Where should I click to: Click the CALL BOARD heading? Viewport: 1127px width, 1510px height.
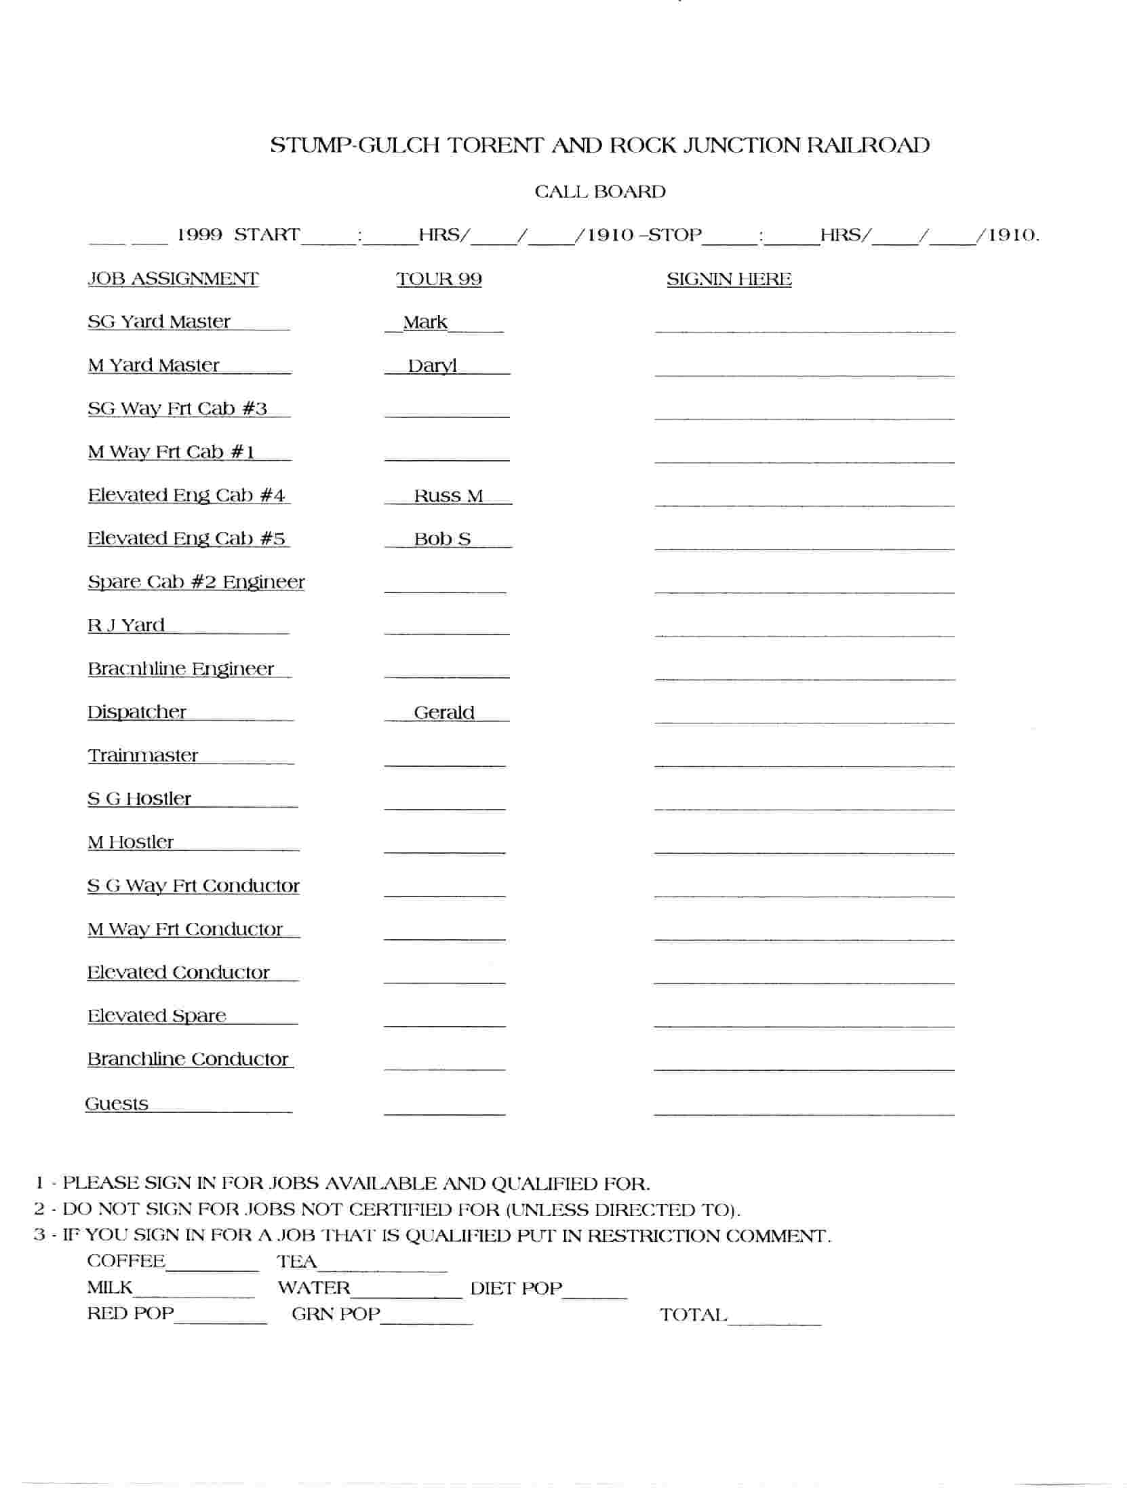[x=599, y=192]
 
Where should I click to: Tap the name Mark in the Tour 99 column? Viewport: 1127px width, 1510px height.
[x=425, y=322]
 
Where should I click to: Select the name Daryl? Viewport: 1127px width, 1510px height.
[x=432, y=366]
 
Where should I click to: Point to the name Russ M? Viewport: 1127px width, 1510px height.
[x=448, y=495]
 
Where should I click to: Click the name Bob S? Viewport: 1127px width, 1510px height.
[x=442, y=539]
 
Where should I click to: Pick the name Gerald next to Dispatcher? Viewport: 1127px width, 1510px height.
[x=443, y=712]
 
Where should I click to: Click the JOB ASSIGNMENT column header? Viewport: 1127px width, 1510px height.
[x=174, y=278]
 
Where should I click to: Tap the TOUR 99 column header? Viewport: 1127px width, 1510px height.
[x=439, y=278]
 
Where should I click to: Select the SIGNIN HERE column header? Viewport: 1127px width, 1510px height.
[x=728, y=278]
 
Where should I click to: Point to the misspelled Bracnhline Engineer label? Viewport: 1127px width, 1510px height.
[x=181, y=668]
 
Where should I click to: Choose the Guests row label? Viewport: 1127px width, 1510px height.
[x=117, y=1104]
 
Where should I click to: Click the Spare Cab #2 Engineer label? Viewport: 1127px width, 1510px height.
[x=196, y=582]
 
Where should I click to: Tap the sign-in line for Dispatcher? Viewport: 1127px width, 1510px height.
[x=804, y=721]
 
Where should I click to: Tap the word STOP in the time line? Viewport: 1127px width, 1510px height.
[x=675, y=235]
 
